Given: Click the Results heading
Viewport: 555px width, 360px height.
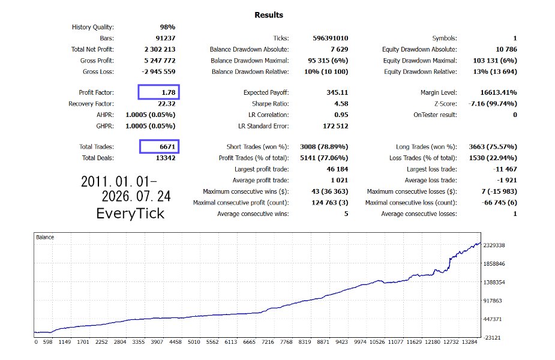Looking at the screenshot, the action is click(269, 15).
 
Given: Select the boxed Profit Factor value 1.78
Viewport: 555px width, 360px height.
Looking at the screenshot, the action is click(169, 92).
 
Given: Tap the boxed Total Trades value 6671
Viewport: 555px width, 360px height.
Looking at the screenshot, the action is click(167, 146).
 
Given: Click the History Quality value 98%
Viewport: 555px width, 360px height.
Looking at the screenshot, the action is click(167, 27).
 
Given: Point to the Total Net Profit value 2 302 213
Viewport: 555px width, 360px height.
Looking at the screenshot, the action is click(160, 49).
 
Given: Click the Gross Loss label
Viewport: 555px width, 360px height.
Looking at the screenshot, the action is click(98, 71).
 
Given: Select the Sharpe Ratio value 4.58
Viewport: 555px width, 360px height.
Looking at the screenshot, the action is click(341, 104).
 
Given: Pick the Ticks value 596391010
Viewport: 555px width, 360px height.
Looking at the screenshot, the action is click(330, 38).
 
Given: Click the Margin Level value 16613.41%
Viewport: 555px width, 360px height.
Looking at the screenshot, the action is click(499, 92).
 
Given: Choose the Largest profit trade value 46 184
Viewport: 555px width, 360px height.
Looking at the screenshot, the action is click(337, 169).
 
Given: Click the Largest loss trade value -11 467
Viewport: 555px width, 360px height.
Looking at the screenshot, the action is click(505, 169).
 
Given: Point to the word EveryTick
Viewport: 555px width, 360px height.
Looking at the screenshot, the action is click(130, 214).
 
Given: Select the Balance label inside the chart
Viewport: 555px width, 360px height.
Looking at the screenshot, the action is click(45, 237).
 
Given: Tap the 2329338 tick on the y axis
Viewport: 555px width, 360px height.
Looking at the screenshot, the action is click(494, 245).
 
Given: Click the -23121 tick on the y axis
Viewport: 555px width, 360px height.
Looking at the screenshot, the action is click(493, 338).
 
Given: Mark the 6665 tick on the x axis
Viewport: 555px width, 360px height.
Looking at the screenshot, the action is click(249, 342).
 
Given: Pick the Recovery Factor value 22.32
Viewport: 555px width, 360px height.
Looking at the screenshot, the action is click(166, 104).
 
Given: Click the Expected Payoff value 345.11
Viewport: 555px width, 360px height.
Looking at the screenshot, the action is click(337, 92).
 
